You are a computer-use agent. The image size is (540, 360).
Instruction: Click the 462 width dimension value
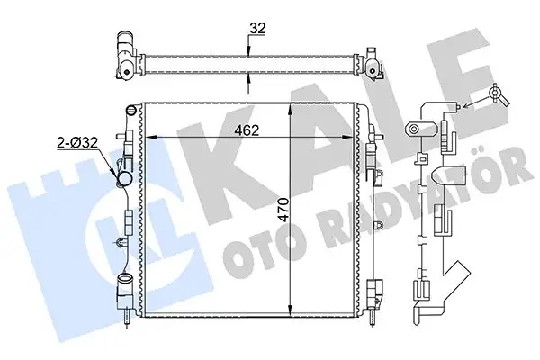click(x=247, y=130)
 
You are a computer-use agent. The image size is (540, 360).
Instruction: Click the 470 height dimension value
click(x=284, y=210)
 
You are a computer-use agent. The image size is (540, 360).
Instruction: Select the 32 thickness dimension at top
click(x=258, y=28)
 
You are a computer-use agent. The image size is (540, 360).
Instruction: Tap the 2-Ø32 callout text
click(x=77, y=142)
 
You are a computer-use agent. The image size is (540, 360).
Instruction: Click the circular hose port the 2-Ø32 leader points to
click(x=126, y=178)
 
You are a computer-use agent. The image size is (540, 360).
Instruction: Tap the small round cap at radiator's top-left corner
click(x=130, y=110)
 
